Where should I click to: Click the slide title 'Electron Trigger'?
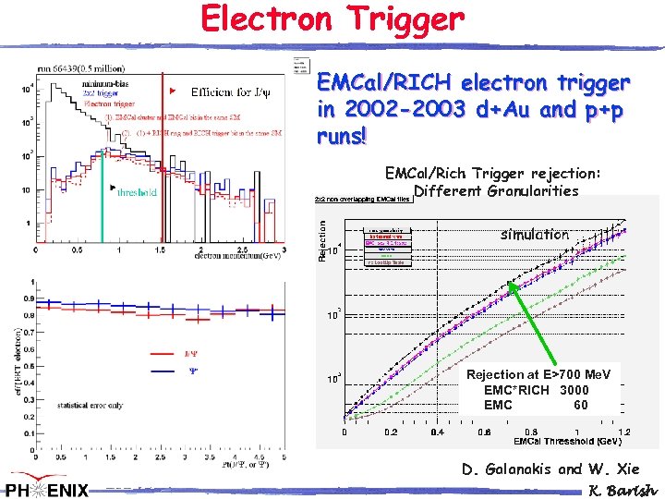[332, 18]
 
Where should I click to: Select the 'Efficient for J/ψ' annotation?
[232, 91]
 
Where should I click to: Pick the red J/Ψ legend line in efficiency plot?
[163, 352]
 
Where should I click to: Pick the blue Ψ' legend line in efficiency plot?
[163, 371]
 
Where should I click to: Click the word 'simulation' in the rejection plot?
[534, 235]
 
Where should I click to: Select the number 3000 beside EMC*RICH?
[573, 390]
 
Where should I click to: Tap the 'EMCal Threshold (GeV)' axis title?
[561, 441]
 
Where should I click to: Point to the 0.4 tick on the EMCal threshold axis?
[437, 432]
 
